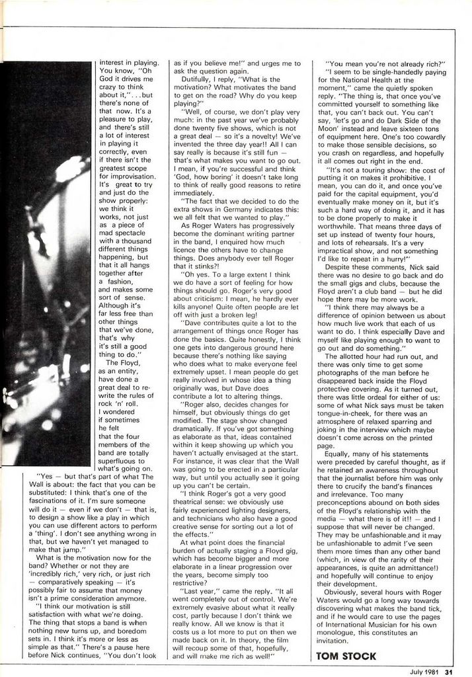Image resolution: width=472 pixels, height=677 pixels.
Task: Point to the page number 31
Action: coord(448,672)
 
